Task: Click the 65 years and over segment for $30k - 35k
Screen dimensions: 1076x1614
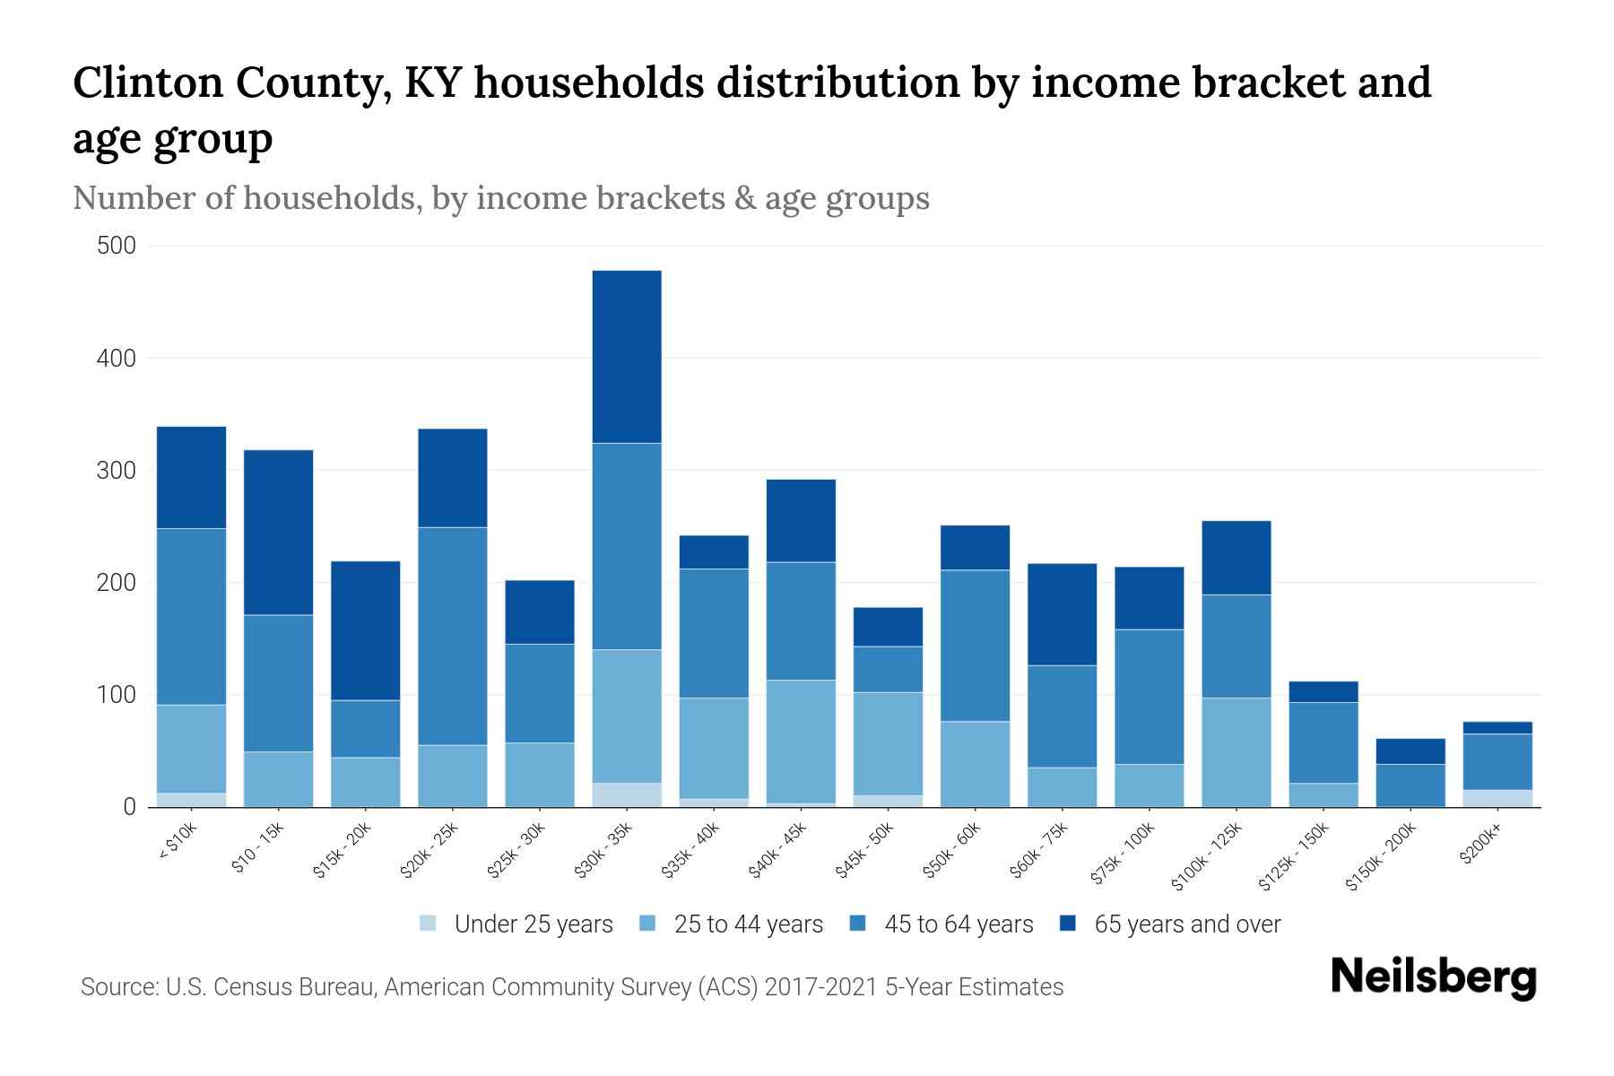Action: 627,356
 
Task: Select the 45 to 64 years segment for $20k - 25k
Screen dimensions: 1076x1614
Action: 453,636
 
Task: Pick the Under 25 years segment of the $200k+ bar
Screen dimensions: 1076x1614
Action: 1498,798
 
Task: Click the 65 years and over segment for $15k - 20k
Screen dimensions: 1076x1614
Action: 366,630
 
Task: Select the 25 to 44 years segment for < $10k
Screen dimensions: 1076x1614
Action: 191,749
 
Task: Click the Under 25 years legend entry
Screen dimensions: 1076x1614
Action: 533,924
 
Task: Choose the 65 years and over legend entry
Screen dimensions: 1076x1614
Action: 1186,924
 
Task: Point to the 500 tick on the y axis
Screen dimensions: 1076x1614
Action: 117,246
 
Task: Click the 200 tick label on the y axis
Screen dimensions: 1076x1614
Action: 117,583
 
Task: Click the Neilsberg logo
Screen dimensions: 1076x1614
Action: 1433,977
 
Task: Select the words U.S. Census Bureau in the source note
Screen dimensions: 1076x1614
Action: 272,987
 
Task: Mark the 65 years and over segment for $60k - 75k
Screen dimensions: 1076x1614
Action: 1062,614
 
